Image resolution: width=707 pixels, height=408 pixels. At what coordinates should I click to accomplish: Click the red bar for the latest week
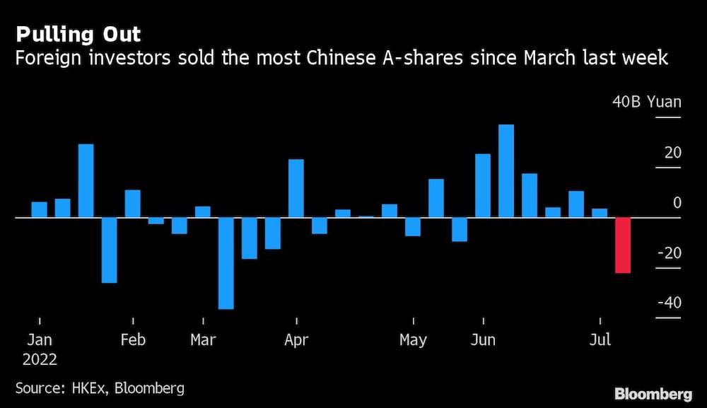pyautogui.click(x=623, y=245)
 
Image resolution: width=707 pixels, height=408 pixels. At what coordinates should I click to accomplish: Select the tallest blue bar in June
pyautogui.click(x=506, y=171)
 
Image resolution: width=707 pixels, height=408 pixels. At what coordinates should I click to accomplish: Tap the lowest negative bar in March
pyautogui.click(x=226, y=263)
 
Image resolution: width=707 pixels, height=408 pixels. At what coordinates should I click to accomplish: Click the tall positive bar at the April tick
pyautogui.click(x=296, y=188)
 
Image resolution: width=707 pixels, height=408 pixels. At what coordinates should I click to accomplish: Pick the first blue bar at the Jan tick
pyautogui.click(x=40, y=210)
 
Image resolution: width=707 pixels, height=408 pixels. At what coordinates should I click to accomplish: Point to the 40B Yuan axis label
pyautogui.click(x=647, y=102)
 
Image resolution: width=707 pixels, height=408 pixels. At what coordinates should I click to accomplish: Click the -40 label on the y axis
pyautogui.click(x=669, y=303)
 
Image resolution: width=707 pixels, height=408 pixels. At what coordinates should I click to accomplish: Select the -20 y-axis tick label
pyautogui.click(x=669, y=253)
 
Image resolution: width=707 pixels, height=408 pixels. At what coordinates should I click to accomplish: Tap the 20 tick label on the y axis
pyautogui.click(x=672, y=152)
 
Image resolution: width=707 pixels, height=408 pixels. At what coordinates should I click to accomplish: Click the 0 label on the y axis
pyautogui.click(x=677, y=203)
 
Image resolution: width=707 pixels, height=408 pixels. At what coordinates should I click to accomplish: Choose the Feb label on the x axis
pyautogui.click(x=133, y=340)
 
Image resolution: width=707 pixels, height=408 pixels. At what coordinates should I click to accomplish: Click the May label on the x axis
pyautogui.click(x=413, y=340)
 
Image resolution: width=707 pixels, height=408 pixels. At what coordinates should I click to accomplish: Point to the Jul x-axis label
pyautogui.click(x=600, y=340)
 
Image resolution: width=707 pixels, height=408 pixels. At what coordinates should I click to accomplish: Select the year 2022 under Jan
pyautogui.click(x=40, y=359)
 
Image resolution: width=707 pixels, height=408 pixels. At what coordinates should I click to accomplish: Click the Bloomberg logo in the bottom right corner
pyautogui.click(x=654, y=394)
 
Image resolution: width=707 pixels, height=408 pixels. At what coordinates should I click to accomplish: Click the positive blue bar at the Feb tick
pyautogui.click(x=133, y=204)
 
